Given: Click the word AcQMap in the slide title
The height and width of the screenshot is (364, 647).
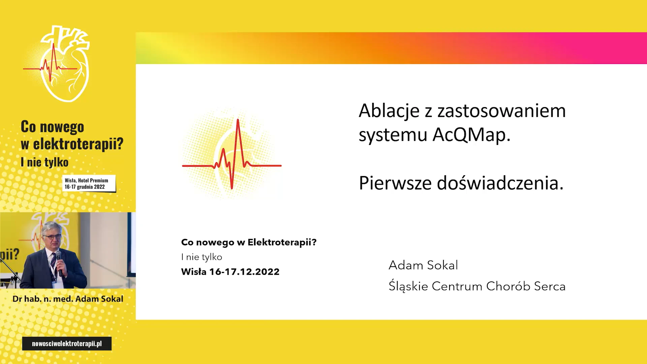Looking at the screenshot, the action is (471, 134).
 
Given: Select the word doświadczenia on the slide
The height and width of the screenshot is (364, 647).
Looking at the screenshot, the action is (500, 183).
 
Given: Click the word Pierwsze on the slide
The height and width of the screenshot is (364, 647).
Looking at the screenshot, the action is (395, 183).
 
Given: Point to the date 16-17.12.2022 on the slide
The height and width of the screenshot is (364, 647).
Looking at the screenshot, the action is (244, 272).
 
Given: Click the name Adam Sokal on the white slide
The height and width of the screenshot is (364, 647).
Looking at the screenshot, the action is (423, 265).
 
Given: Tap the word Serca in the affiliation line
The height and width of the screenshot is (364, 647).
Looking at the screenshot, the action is (550, 286).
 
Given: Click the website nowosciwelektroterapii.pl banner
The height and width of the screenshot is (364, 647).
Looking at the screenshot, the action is (67, 343).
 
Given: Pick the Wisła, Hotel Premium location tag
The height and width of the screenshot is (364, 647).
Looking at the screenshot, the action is (89, 183).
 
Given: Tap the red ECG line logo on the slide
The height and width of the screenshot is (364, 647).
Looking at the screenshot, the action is (232, 154).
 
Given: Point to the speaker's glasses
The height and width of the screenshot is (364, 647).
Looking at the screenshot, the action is (52, 237).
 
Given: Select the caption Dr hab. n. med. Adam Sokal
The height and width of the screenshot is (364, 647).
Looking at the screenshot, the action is (68, 299).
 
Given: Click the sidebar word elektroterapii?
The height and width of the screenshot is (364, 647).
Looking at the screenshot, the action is (78, 144).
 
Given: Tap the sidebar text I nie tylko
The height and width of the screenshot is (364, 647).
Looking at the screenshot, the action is (44, 162).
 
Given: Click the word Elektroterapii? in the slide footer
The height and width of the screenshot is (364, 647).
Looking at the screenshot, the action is (282, 242).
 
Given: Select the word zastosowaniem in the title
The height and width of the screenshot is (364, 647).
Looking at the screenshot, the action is (501, 111).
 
